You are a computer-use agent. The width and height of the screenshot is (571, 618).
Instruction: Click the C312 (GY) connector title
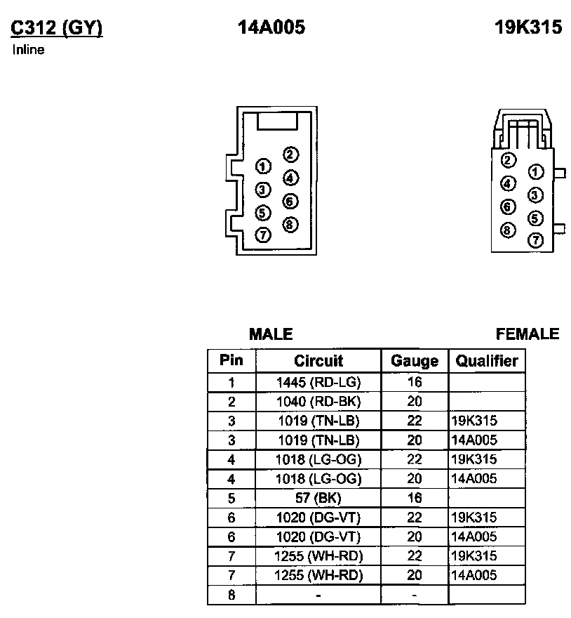click(57, 27)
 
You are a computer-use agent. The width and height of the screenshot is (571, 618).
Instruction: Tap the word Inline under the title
click(29, 50)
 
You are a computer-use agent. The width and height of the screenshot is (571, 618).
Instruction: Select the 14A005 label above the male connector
click(271, 27)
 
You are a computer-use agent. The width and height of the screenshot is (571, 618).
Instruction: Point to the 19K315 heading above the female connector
click(528, 27)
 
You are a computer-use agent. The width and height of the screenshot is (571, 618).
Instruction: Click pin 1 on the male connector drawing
click(263, 166)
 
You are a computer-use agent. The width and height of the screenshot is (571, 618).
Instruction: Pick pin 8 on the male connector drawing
click(290, 225)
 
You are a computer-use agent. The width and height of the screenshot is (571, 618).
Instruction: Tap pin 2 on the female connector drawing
click(509, 160)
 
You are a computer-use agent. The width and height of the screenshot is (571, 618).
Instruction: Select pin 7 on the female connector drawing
click(535, 240)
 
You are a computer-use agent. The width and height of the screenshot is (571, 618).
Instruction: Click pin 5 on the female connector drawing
click(535, 218)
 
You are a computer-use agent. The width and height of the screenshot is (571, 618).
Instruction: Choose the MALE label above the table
click(271, 334)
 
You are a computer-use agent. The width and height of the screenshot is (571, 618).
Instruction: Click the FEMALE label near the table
click(528, 334)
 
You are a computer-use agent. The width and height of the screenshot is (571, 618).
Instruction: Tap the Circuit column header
click(318, 361)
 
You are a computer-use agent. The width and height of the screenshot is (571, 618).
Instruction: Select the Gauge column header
click(415, 361)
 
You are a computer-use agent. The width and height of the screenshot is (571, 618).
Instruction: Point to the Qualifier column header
click(487, 361)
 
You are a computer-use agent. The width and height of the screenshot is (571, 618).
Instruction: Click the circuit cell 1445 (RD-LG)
click(318, 383)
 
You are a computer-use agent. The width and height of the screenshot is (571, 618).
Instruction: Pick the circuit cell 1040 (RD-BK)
click(318, 402)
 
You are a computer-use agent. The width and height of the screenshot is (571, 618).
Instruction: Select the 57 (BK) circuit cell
click(318, 498)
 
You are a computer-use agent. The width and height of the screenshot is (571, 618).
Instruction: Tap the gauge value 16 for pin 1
click(415, 383)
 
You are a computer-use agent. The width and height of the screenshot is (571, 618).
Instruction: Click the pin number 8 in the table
click(231, 595)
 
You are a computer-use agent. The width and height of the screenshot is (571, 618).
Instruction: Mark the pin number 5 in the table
click(231, 498)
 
